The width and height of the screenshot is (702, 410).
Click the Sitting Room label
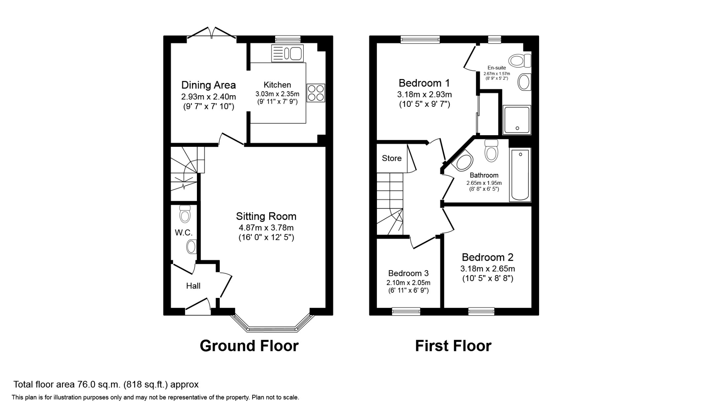[x=266, y=216]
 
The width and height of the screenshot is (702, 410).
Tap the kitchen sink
[x=287, y=53]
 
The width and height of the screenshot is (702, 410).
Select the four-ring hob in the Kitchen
[x=316, y=93]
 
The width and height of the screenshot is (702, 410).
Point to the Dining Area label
[x=208, y=85]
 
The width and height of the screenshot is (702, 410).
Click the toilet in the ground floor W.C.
[x=185, y=214]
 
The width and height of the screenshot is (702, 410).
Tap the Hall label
[x=193, y=286]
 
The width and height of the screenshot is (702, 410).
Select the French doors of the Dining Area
[x=211, y=33]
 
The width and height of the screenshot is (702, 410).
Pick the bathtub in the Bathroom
[x=520, y=175]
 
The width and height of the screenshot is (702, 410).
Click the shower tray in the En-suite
[x=517, y=120]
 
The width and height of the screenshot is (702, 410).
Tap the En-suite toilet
[x=520, y=60]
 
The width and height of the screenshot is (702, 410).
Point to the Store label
[x=392, y=158]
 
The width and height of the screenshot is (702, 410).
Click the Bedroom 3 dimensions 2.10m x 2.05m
[x=408, y=283]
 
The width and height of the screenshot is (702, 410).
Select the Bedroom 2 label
[x=488, y=258]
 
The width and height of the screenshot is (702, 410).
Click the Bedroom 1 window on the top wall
[x=420, y=39]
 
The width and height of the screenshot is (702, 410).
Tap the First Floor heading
[x=453, y=346]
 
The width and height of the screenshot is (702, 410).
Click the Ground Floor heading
[x=249, y=346]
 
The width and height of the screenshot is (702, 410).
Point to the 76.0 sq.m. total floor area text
[x=106, y=385]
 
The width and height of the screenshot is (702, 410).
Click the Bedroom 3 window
[x=406, y=311]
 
